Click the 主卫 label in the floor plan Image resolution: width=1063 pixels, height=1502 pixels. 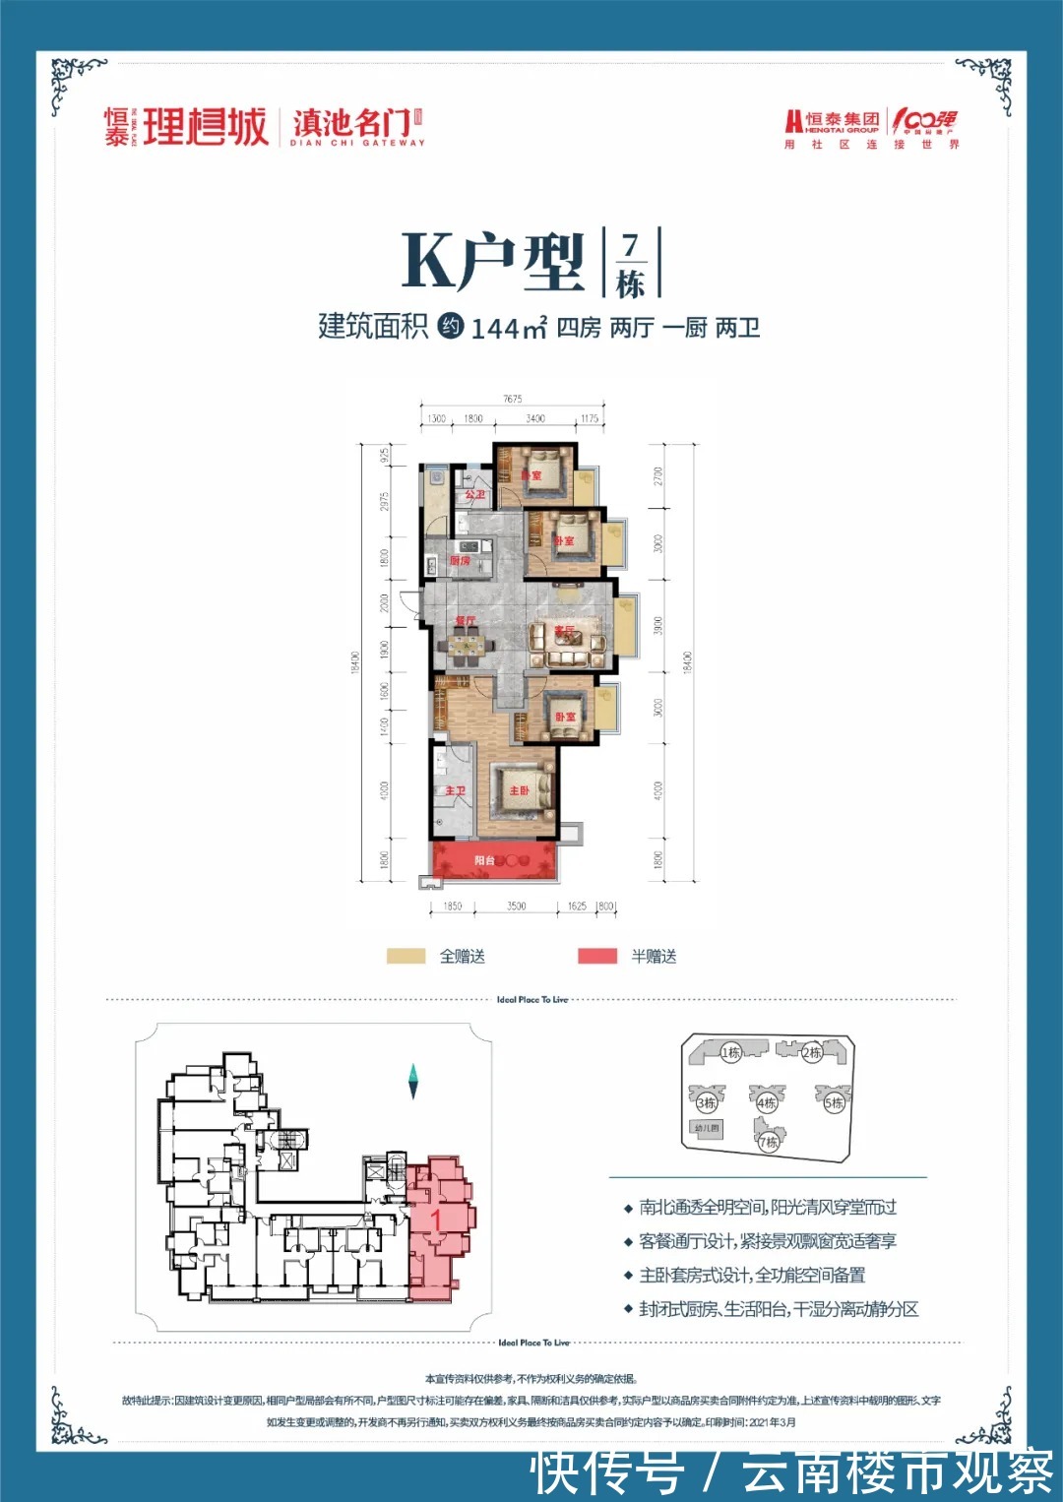(x=455, y=791)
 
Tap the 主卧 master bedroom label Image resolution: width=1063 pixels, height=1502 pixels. (x=520, y=790)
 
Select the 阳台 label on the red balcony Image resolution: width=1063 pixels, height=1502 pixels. (x=484, y=860)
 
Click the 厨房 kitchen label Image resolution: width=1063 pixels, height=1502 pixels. (x=460, y=561)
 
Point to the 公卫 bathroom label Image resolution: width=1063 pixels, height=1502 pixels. (x=474, y=495)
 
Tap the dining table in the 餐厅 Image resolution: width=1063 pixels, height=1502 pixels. (x=467, y=646)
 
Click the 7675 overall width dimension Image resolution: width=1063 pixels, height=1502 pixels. (x=512, y=399)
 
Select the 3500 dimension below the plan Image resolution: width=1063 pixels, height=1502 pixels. (x=516, y=906)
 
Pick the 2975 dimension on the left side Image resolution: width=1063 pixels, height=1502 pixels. (x=385, y=501)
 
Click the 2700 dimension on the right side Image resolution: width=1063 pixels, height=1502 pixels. (x=657, y=475)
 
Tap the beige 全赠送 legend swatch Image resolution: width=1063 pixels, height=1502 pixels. (x=406, y=956)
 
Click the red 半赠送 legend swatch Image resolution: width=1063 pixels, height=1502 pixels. (x=597, y=956)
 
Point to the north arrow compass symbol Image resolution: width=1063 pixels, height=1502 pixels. (x=414, y=1081)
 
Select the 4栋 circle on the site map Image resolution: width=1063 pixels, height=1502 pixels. (x=766, y=1103)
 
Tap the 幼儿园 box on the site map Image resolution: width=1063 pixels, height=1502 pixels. (x=707, y=1128)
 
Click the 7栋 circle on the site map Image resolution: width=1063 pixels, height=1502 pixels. (x=768, y=1142)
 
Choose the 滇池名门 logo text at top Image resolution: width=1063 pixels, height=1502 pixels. (x=350, y=124)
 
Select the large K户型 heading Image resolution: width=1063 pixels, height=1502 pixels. (x=492, y=262)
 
